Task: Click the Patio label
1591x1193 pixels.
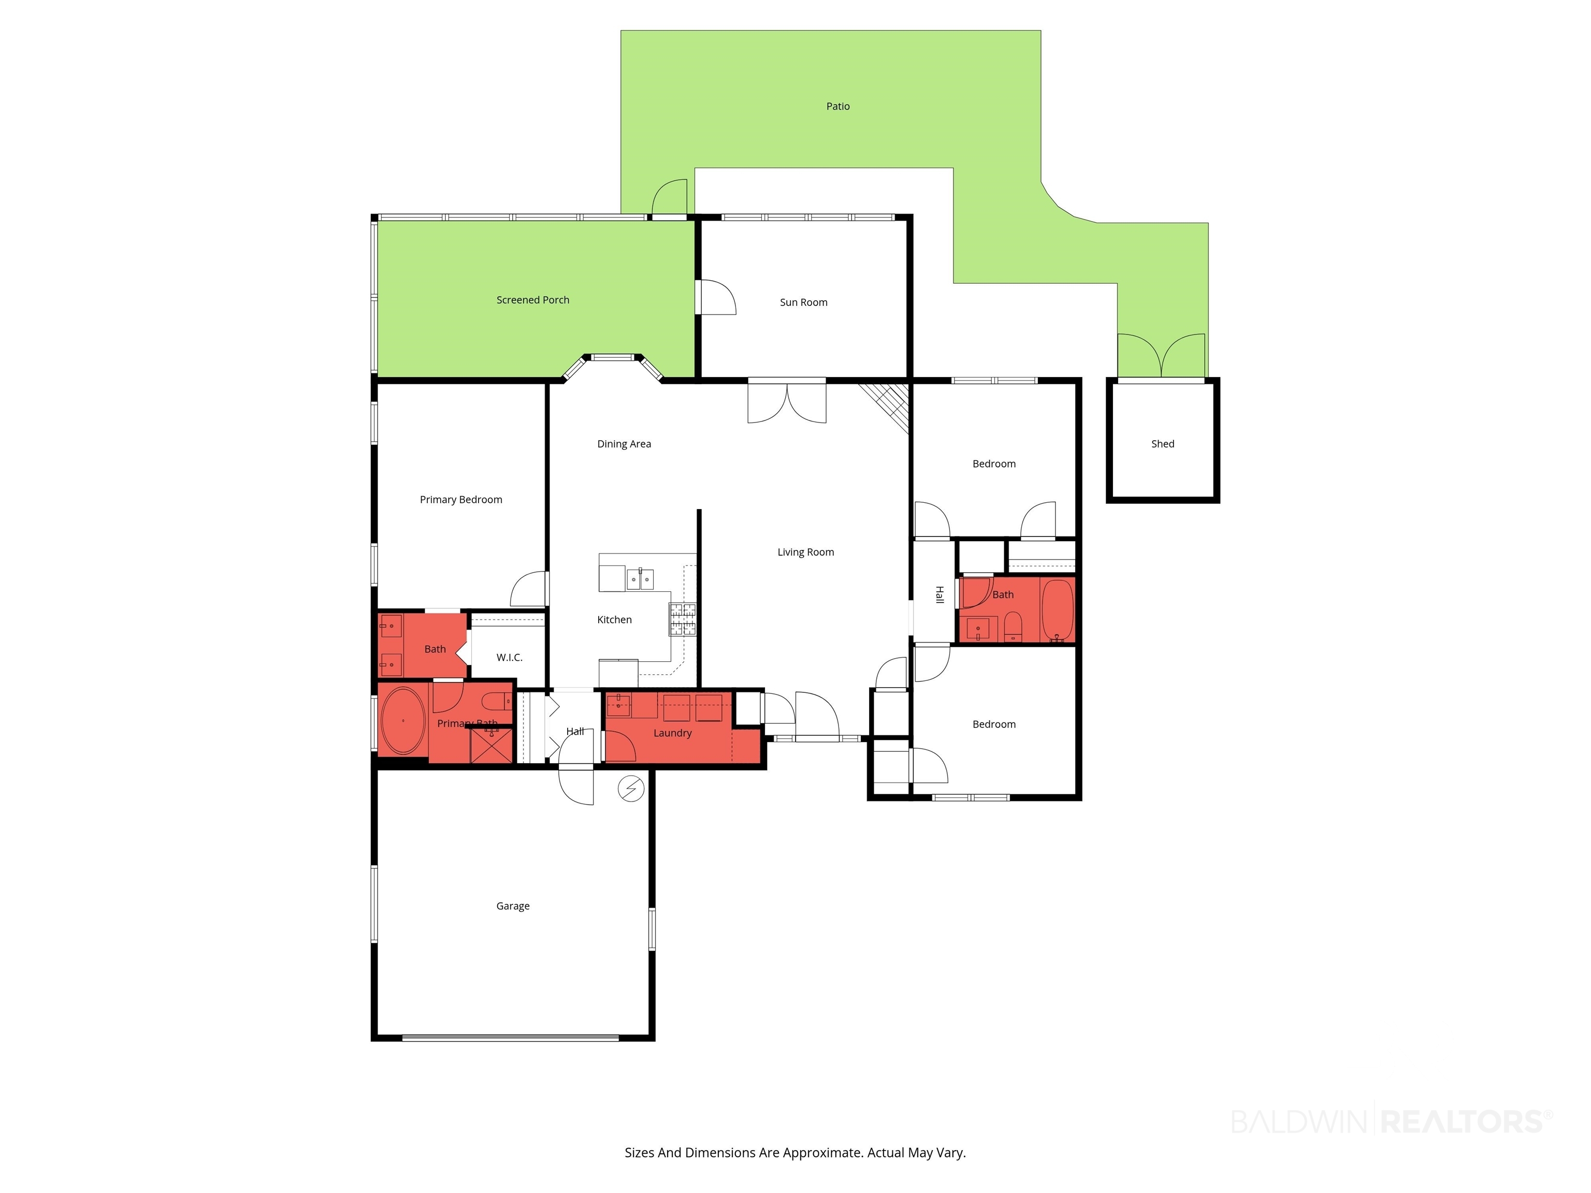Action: (x=838, y=107)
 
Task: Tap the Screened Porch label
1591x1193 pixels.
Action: (x=532, y=300)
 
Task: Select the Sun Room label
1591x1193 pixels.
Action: (x=803, y=302)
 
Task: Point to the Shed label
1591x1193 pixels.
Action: (x=1162, y=444)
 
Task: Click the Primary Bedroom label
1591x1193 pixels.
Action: (x=461, y=500)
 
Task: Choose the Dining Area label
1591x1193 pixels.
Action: (x=624, y=444)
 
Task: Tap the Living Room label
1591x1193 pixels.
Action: (x=805, y=552)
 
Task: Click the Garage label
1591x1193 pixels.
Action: (x=513, y=906)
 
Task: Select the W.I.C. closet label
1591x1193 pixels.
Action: (x=509, y=657)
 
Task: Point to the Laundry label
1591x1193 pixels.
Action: (x=673, y=733)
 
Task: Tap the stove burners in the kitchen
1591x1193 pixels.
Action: (x=683, y=619)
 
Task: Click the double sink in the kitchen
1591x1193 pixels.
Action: (x=640, y=579)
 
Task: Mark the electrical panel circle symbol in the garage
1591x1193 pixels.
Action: (x=631, y=789)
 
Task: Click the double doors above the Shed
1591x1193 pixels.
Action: (x=1161, y=356)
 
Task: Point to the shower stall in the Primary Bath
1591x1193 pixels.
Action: (x=490, y=745)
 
